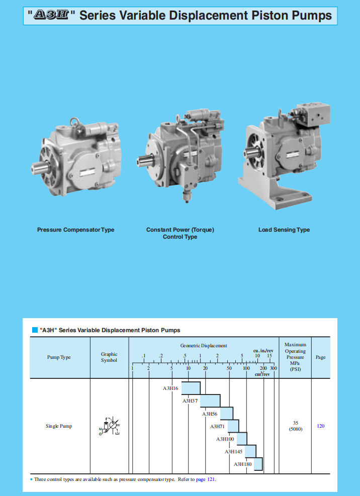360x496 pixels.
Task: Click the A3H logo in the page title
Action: click(x=53, y=15)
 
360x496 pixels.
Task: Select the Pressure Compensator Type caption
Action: click(x=75, y=230)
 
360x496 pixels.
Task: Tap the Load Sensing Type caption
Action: click(x=284, y=230)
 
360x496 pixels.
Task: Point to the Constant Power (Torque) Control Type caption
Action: click(x=180, y=233)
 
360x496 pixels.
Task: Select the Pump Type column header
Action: click(x=59, y=357)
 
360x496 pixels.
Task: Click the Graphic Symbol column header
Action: click(x=109, y=357)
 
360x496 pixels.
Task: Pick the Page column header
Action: click(x=320, y=357)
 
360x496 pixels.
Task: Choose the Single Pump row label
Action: click(x=59, y=426)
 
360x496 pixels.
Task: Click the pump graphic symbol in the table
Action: click(x=110, y=426)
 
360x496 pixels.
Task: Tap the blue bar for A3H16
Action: click(x=191, y=388)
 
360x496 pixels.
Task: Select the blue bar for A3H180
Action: click(x=258, y=464)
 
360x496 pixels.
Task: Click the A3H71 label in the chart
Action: click(x=218, y=427)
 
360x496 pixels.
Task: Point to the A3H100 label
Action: click(x=225, y=439)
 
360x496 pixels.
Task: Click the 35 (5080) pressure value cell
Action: click(x=295, y=426)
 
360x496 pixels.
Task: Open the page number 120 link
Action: click(x=320, y=426)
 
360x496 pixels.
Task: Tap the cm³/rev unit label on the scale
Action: click(x=263, y=374)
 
